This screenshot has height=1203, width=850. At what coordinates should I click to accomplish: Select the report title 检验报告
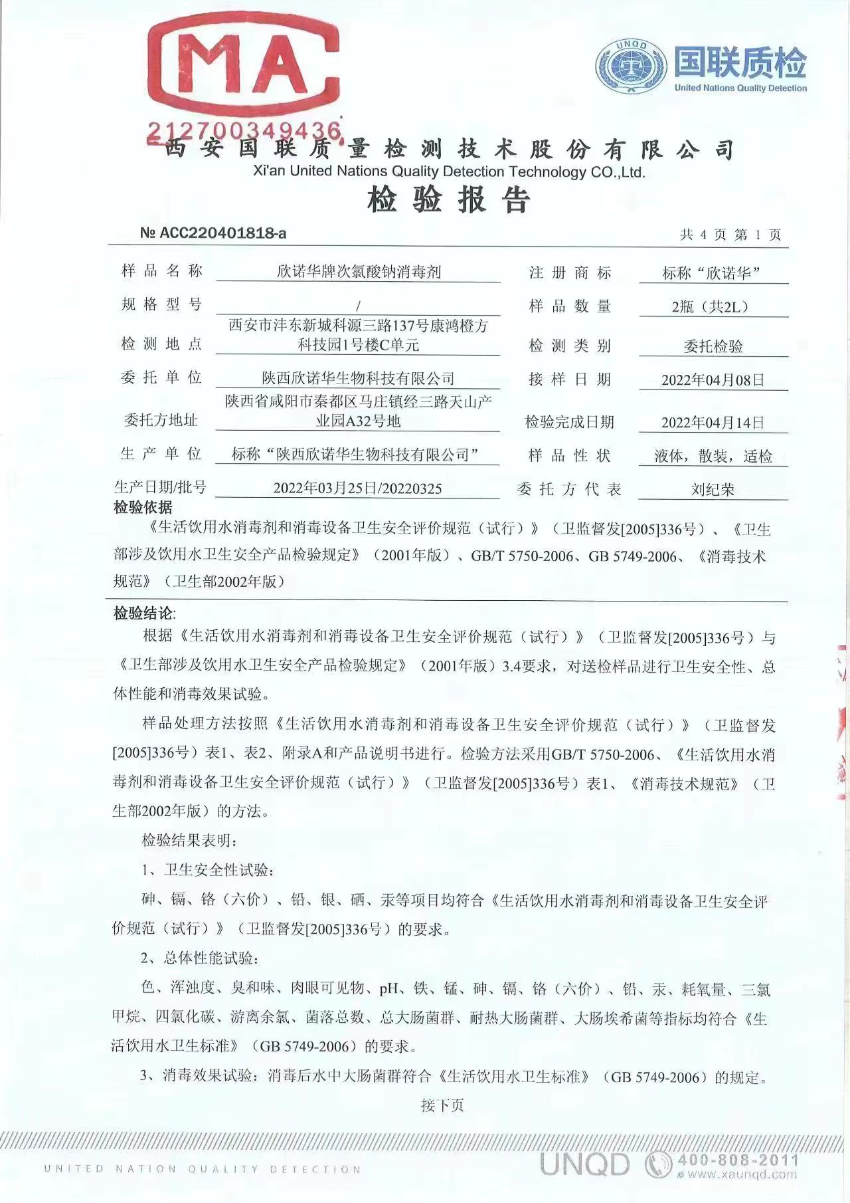tap(449, 200)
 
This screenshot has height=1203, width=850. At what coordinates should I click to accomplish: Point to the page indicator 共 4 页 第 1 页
tap(730, 235)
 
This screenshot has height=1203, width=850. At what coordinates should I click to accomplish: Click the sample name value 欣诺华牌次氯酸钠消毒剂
tap(359, 272)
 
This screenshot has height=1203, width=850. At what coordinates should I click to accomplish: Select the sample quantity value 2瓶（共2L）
tap(713, 307)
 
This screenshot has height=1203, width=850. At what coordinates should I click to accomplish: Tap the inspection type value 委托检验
tap(713, 346)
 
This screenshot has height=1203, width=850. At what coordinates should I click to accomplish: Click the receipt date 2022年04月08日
tap(713, 380)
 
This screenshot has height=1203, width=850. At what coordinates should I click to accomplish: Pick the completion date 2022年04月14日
tap(713, 423)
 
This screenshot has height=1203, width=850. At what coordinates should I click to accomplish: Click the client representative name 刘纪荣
tap(713, 490)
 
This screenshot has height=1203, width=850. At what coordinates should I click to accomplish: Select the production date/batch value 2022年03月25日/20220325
tap(357, 489)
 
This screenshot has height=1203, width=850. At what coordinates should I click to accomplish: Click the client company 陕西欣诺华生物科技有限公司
tap(358, 379)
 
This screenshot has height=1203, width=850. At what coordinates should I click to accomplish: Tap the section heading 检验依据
tap(143, 508)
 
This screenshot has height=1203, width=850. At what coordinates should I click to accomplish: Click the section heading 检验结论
tap(143, 613)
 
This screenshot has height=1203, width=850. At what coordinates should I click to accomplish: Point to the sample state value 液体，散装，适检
tap(713, 457)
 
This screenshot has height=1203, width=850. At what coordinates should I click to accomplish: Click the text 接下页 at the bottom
tap(442, 1105)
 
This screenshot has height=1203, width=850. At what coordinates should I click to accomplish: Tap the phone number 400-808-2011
tap(737, 1160)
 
